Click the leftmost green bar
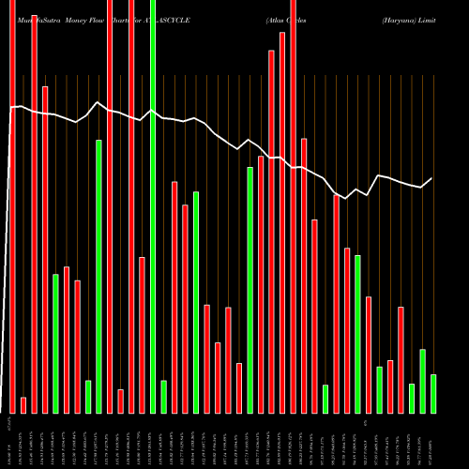[x=55, y=343]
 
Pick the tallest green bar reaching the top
[x=153, y=206]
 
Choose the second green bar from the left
[x=88, y=396]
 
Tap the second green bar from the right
[x=422, y=381]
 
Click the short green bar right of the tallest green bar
[x=163, y=396]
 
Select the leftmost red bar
[x=12, y=206]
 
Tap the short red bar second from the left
[x=23, y=404]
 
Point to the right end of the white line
[x=432, y=178]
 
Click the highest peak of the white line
[x=98, y=102]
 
